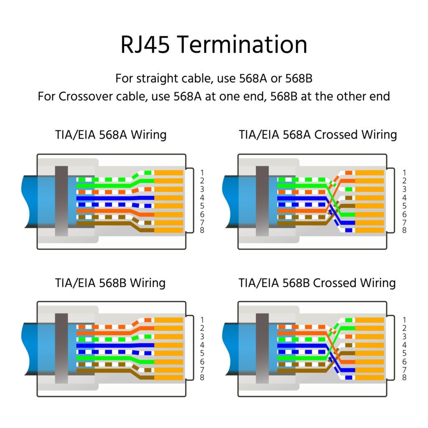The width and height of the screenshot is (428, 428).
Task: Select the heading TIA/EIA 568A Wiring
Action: tap(110, 135)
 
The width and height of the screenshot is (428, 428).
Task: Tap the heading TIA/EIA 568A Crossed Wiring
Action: tap(317, 135)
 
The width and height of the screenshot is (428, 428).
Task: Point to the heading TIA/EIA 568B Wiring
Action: tap(110, 283)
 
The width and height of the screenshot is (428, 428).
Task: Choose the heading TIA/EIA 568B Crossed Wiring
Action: tap(317, 283)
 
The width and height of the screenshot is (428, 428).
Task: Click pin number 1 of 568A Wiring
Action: tap(202, 173)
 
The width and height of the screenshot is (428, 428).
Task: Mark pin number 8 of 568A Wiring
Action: tap(202, 230)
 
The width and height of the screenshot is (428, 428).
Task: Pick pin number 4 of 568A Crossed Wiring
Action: tap(404, 197)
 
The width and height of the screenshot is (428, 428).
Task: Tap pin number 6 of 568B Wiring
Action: tap(202, 362)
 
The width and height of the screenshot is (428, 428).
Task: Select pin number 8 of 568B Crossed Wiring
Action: tap(404, 378)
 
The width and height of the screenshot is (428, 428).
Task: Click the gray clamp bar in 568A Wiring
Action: tap(61, 201)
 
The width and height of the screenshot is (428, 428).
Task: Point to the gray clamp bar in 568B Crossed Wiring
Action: tap(262, 348)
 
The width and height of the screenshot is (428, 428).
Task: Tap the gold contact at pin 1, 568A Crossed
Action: tap(369, 173)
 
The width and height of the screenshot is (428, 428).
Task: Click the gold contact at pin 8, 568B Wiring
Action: tap(169, 378)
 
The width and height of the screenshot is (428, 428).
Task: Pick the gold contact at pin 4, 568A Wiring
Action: tap(169, 197)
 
